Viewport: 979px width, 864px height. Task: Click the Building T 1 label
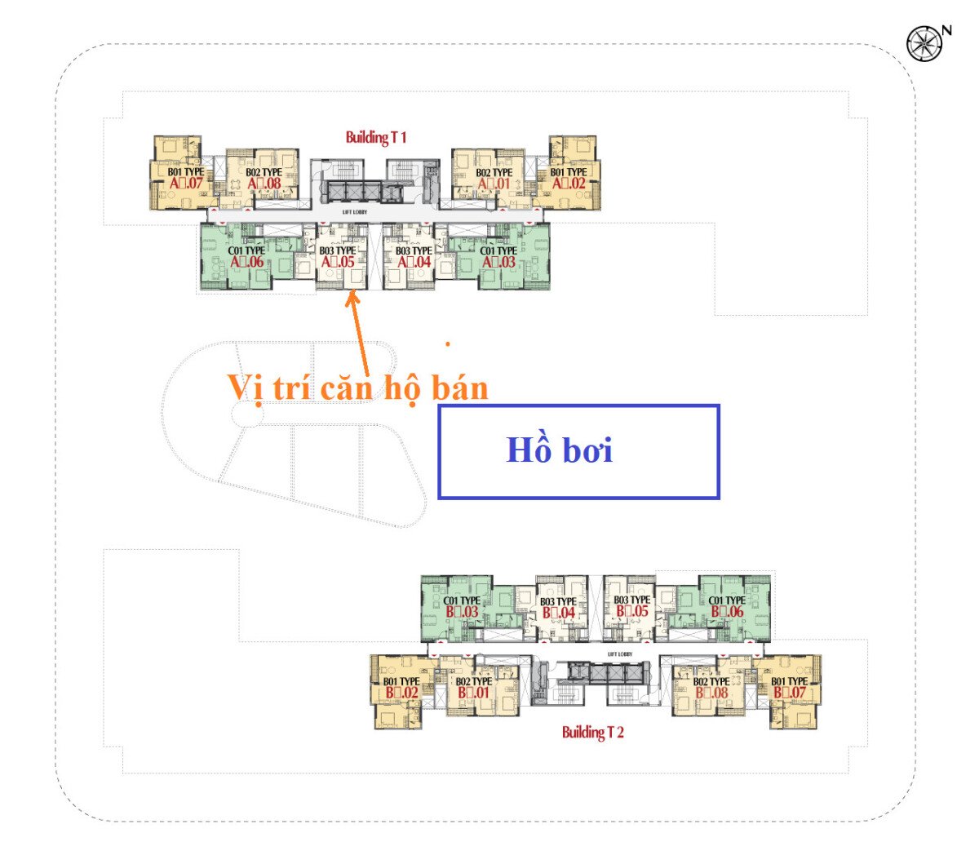pyautogui.click(x=375, y=137)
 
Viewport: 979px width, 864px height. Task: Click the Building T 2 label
pyautogui.click(x=592, y=732)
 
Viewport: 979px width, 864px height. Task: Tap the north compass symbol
pyautogui.click(x=924, y=43)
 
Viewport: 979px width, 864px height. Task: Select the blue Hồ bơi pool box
pyautogui.click(x=578, y=451)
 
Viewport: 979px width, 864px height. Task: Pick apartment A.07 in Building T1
pyautogui.click(x=186, y=183)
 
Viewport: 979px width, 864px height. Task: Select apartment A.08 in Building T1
pyautogui.click(x=264, y=183)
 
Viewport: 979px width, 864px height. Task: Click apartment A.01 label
pyautogui.click(x=494, y=183)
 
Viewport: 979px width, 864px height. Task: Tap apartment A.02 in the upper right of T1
pyautogui.click(x=569, y=183)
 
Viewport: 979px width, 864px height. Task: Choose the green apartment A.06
pyautogui.click(x=246, y=262)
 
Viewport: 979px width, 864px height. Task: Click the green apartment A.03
pyautogui.click(x=498, y=262)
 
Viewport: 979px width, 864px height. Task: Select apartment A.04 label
pyautogui.click(x=414, y=262)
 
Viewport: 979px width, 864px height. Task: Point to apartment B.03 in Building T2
pyautogui.click(x=462, y=611)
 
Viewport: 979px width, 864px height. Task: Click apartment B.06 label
pyautogui.click(x=727, y=611)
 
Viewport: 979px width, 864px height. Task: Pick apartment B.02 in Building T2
pyautogui.click(x=401, y=692)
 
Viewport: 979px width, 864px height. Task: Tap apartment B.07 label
pyautogui.click(x=789, y=692)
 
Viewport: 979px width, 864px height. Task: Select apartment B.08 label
pyautogui.click(x=711, y=692)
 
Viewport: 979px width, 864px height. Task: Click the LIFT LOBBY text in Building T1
pyautogui.click(x=355, y=212)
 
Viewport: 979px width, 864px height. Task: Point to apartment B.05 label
pyautogui.click(x=632, y=611)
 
